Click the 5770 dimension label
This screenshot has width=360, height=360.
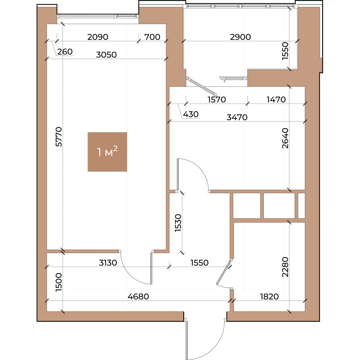tap(59, 137)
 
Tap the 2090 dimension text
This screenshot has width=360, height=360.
tap(98, 37)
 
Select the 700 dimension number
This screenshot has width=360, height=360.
tap(152, 37)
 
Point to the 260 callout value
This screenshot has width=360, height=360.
tap(65, 52)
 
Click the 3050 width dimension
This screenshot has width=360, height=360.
tap(106, 55)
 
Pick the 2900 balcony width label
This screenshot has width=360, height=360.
tap(240, 37)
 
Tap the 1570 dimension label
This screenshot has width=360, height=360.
tap(217, 100)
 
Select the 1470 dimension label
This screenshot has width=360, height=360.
tap(276, 100)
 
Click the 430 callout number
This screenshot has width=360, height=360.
tap(190, 114)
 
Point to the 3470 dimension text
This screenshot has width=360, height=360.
tap(237, 117)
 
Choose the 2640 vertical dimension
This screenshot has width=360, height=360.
tap(285, 138)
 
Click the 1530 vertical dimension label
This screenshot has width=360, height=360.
tap(178, 223)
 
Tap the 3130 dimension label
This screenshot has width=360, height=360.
tap(108, 263)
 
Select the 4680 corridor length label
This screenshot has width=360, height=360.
tap(138, 296)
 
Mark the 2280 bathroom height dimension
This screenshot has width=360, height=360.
tap(285, 267)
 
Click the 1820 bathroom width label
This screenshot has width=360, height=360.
tap(269, 296)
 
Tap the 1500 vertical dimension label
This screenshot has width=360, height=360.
tap(59, 282)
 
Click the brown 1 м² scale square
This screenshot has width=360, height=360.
tap(107, 152)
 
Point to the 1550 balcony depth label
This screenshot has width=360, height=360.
tap(285, 51)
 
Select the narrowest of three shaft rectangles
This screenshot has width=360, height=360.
tap(301, 206)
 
